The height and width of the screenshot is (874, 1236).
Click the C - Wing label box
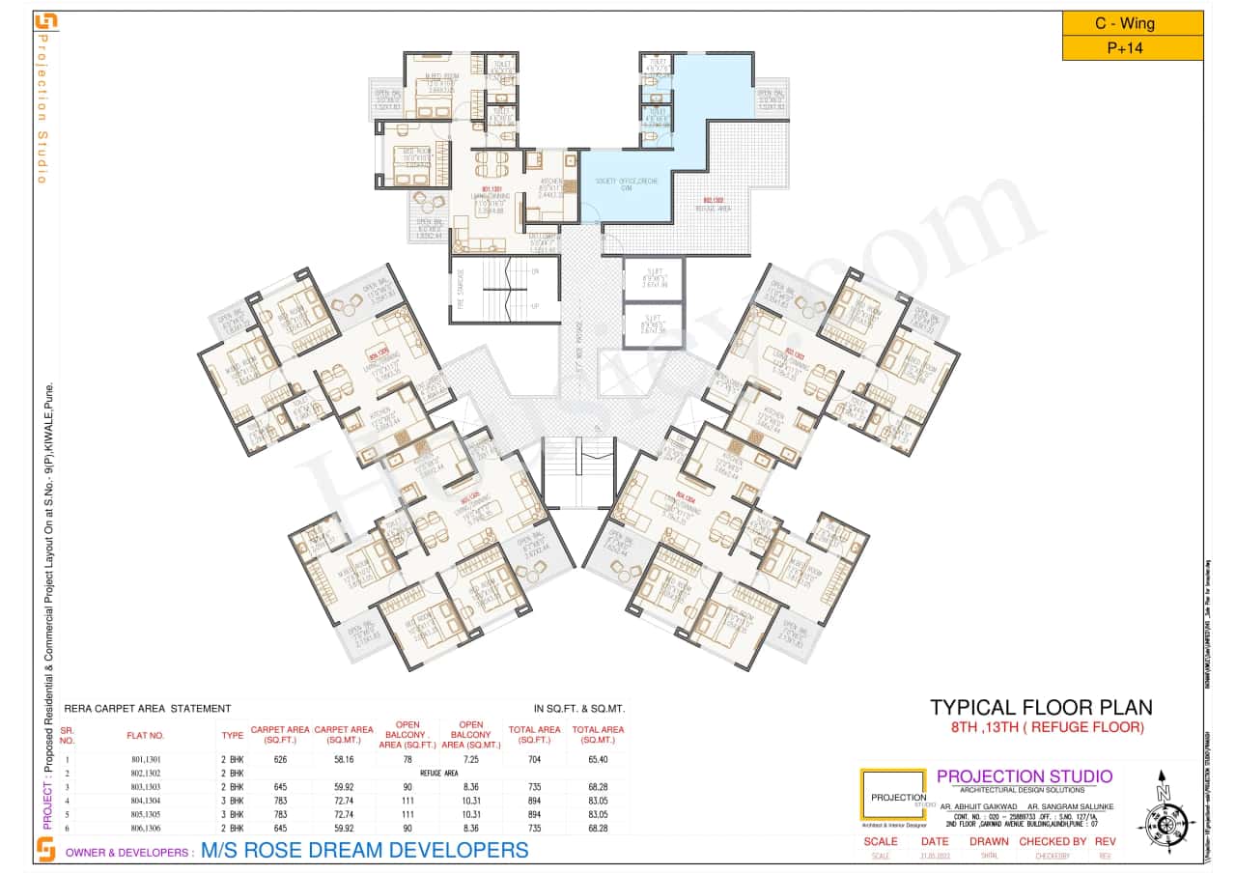pos(1132,23)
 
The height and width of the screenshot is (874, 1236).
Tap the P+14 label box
pos(1132,48)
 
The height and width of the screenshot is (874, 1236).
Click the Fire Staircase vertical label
pos(461,289)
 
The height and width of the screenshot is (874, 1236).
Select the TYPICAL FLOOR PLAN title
pos(1040,708)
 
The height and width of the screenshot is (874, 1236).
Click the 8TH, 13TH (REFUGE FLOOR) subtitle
pos(1040,727)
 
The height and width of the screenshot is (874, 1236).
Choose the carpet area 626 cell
pos(280,760)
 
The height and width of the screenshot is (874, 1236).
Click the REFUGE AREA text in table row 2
pos(437,774)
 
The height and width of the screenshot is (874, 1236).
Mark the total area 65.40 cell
pos(598,760)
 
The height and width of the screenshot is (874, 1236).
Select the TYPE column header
pos(232,735)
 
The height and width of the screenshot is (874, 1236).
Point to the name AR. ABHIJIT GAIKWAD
pos(977,805)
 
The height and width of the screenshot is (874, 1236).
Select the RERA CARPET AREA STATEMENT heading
pos(146,709)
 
